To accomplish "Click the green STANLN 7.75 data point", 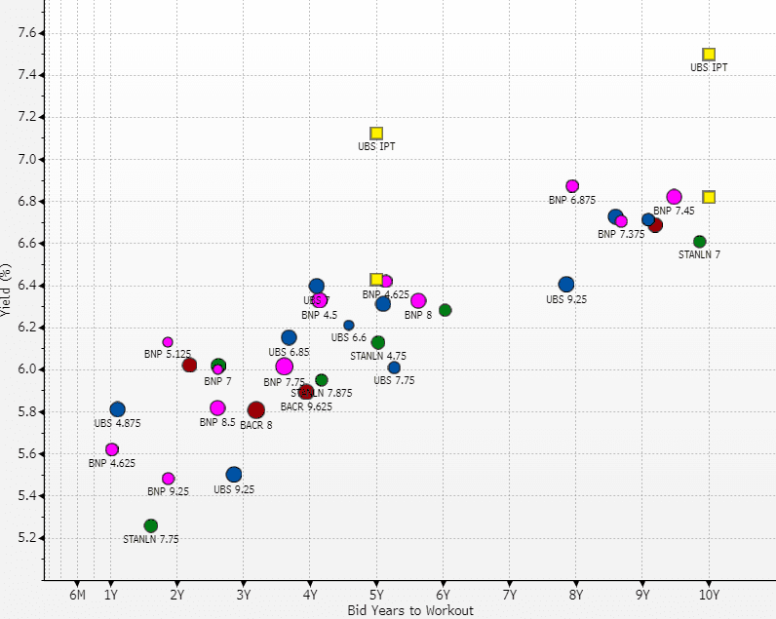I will click(x=150, y=525).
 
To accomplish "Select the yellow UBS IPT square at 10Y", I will click(x=709, y=55).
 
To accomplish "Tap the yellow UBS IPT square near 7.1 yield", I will click(x=376, y=134).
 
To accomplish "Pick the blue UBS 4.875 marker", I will click(x=118, y=409).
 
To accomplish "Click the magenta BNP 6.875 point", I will click(x=572, y=186).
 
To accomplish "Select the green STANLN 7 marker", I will click(x=699, y=242).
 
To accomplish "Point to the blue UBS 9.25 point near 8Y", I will click(x=566, y=285).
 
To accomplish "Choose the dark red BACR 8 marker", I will click(x=256, y=410).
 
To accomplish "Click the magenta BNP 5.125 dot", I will click(x=168, y=342).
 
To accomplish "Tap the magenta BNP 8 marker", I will click(x=418, y=301).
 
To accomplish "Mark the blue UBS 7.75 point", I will click(x=394, y=368).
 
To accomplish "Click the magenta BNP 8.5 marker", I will click(x=217, y=408).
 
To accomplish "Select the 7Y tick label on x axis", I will click(x=510, y=595).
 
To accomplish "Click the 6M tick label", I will click(x=78, y=595).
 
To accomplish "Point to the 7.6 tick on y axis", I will click(x=26, y=33).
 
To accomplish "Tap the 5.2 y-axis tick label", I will click(x=26, y=538).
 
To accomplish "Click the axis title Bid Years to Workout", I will click(x=409, y=610).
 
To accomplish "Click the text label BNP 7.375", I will click(x=622, y=234).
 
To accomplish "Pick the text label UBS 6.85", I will click(x=289, y=352).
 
